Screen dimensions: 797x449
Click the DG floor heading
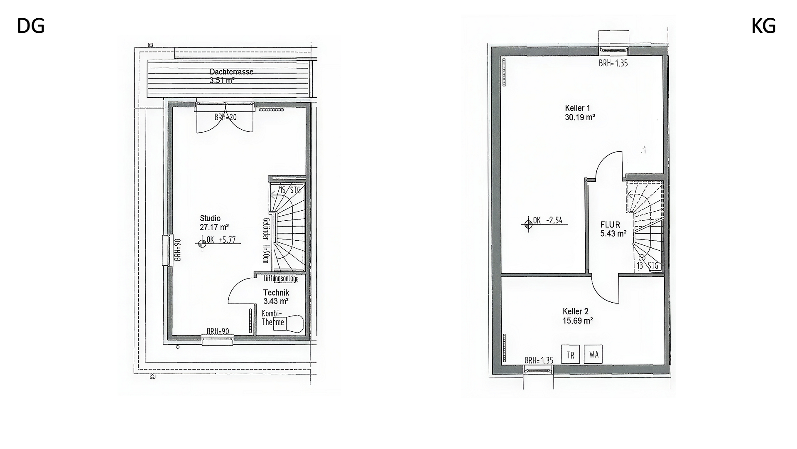coord(31,26)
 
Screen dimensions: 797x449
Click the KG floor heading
coord(763,26)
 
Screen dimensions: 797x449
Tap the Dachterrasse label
coord(231,72)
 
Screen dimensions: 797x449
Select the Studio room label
coord(210,218)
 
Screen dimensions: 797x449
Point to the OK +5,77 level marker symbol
coord(202,244)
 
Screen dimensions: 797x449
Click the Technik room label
coord(276,293)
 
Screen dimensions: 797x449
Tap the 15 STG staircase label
coord(290,190)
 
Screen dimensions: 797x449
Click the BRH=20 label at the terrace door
coord(226,117)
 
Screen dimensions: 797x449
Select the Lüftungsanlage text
coord(281,279)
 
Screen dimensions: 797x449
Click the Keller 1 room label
coord(578,108)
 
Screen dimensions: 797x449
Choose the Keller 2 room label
coord(576,311)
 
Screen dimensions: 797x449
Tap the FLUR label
coord(610,225)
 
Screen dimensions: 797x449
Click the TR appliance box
coord(571,355)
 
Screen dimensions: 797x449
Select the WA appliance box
coord(593,354)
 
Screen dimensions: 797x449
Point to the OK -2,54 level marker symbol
coord(528,224)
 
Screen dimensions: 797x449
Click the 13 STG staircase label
coord(647,266)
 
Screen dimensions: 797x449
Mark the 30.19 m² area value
coord(580,117)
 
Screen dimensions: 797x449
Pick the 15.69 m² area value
coord(577,321)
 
